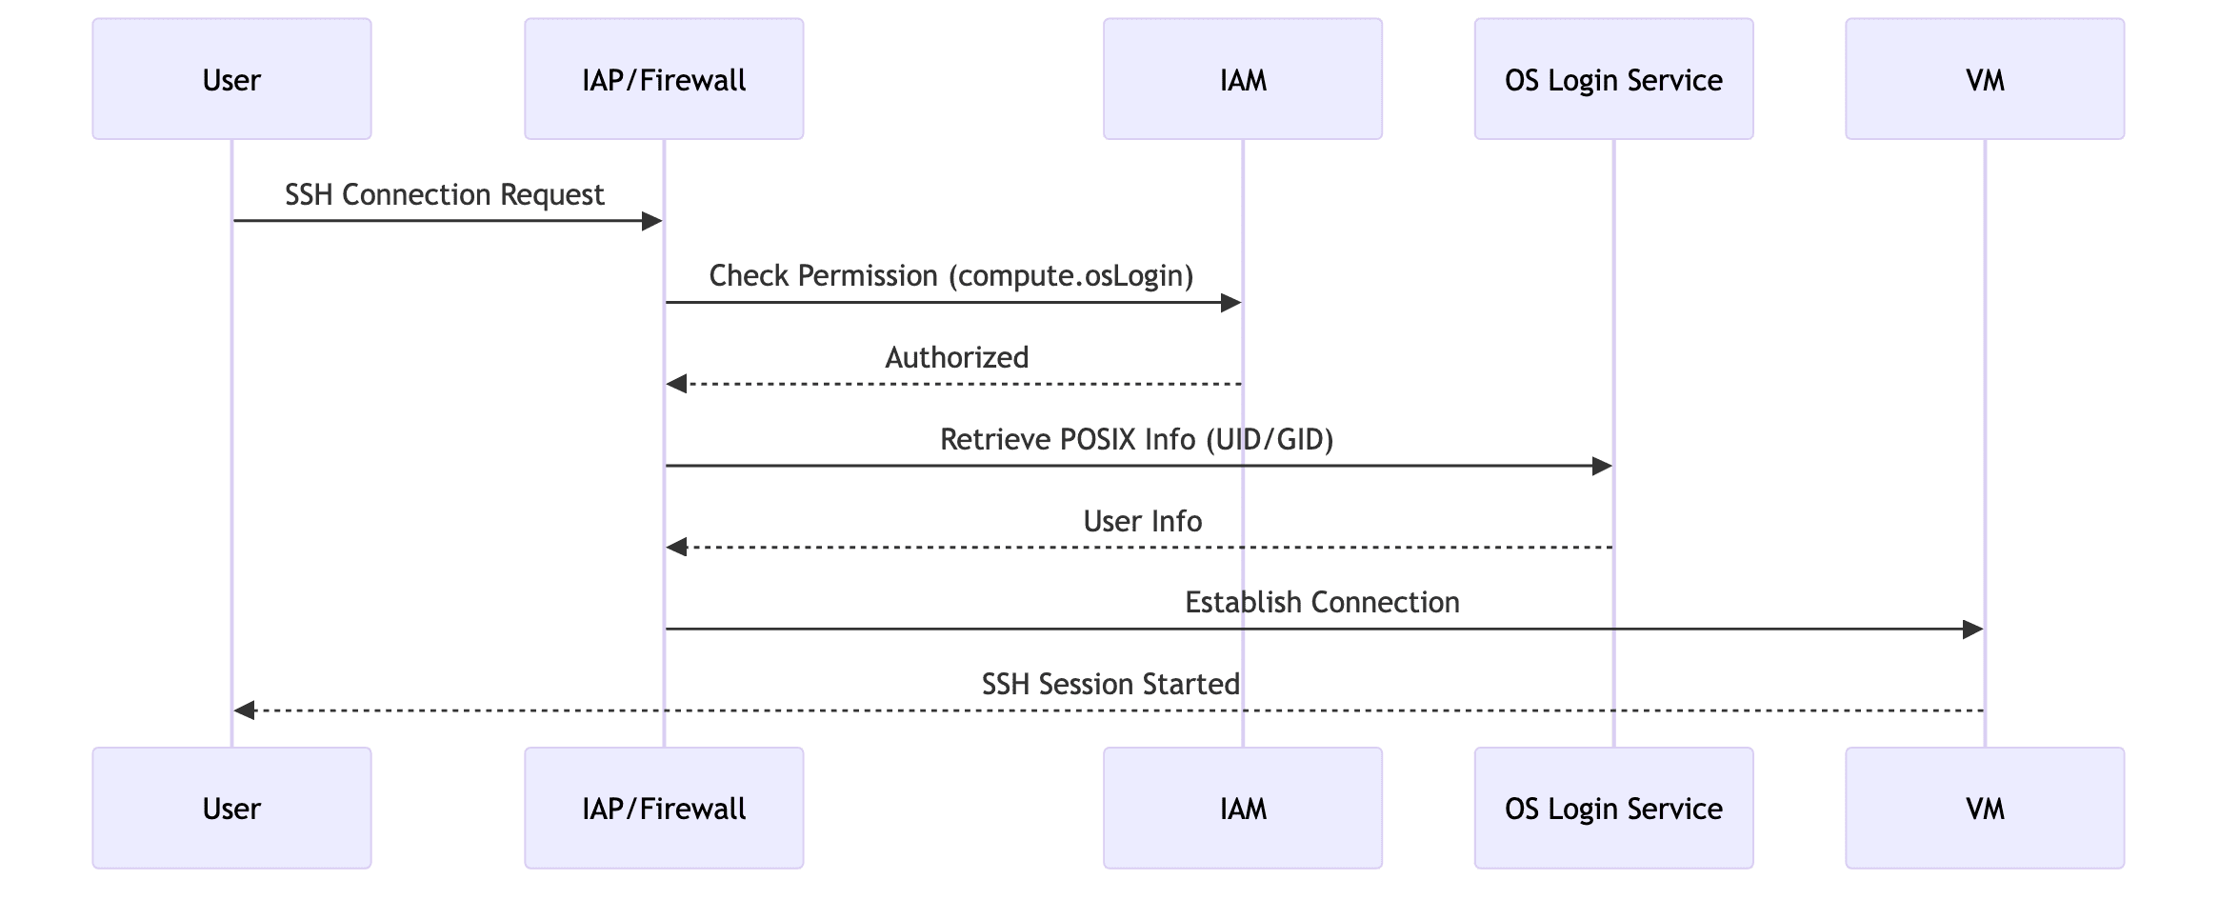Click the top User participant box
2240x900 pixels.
tap(231, 79)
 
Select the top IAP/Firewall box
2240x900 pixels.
tap(664, 79)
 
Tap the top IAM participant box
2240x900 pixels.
tap(1243, 79)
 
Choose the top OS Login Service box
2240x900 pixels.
tap(1613, 79)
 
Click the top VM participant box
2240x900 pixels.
tap(1985, 79)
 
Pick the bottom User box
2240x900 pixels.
tap(231, 808)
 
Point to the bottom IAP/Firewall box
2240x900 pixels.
tap(664, 808)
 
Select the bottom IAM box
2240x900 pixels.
tap(1243, 808)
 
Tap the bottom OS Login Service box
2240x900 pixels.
tap(1613, 808)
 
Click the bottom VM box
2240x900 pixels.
tap(1985, 808)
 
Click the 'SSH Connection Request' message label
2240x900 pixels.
tap(444, 194)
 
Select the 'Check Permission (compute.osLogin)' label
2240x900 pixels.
tap(950, 276)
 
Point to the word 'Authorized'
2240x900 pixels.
tap(956, 357)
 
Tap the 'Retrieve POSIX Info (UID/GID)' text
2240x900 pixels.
tap(1136, 439)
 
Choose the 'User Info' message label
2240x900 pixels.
tap(1142, 521)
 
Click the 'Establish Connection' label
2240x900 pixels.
tap(1322, 602)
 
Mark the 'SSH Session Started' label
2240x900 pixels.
tap(1110, 684)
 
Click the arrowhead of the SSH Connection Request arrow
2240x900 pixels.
tap(652, 222)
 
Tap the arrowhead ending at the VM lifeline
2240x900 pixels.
tap(1972, 630)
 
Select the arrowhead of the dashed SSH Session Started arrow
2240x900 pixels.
tap(245, 710)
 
